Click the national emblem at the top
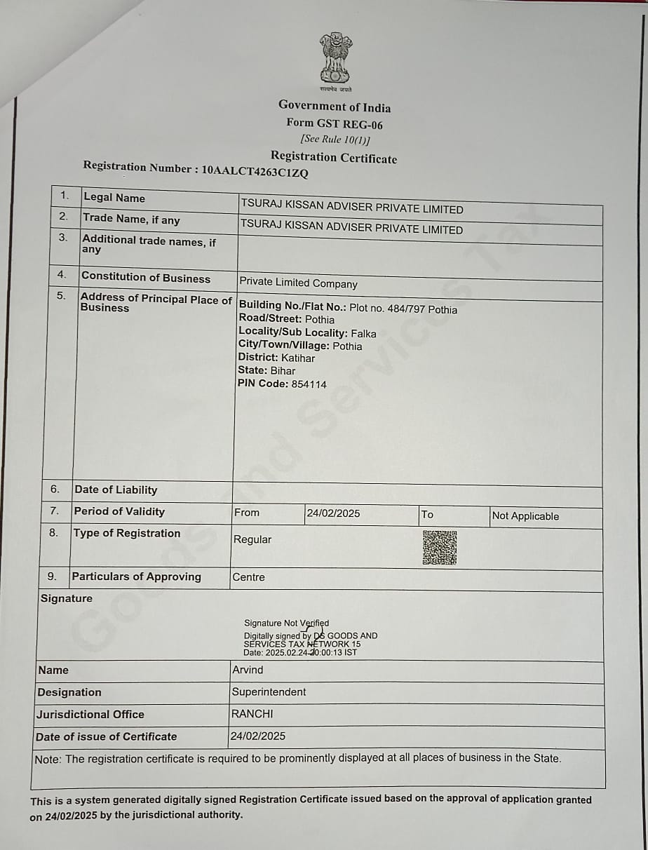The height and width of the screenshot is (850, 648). [336, 59]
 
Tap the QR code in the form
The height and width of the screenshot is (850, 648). [440, 547]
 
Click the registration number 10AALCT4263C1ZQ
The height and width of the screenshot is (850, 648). [255, 170]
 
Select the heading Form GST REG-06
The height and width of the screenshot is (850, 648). [335, 123]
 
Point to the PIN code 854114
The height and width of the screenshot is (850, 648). [309, 384]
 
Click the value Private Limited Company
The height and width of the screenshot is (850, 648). [298, 283]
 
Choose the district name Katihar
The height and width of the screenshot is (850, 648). [298, 358]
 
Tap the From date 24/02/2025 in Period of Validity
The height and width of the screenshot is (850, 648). [333, 513]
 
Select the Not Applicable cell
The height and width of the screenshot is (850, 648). [525, 516]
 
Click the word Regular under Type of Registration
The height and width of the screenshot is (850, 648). [252, 539]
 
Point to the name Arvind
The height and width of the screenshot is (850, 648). [248, 670]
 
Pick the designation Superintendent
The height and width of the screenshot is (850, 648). [269, 692]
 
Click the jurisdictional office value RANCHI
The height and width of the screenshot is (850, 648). [252, 714]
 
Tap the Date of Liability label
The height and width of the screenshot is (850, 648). [116, 490]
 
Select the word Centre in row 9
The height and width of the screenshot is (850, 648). [248, 577]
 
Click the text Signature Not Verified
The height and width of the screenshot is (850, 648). [286, 623]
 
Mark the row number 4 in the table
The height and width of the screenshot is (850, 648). [61, 274]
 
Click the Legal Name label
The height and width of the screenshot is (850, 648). [114, 198]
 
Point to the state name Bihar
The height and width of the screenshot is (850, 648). [283, 370]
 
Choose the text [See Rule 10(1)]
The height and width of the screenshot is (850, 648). [335, 140]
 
